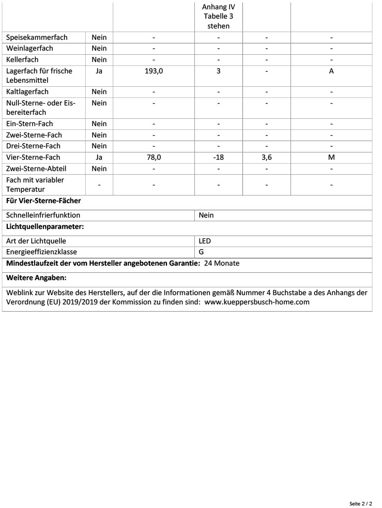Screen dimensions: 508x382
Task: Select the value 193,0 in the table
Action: pyautogui.click(x=154, y=71)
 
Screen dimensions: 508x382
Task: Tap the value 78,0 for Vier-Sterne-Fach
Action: pyautogui.click(x=154, y=158)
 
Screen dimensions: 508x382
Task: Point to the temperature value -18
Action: pyautogui.click(x=218, y=158)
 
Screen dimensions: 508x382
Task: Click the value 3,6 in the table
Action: pyautogui.click(x=267, y=158)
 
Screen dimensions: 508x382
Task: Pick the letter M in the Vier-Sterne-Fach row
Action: pyautogui.click(x=331, y=158)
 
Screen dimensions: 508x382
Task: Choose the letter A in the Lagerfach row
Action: pyautogui.click(x=331, y=71)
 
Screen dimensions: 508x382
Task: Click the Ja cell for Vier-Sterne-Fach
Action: pyautogui.click(x=99, y=158)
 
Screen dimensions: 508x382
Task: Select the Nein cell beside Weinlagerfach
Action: pyautogui.click(x=99, y=49)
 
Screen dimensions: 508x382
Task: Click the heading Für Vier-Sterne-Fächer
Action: pyautogui.click(x=43, y=201)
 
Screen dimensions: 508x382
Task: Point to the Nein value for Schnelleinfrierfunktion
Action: pyautogui.click(x=206, y=215)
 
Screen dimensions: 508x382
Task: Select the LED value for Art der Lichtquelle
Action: pyautogui.click(x=205, y=241)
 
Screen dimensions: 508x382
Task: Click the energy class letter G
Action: pyautogui.click(x=202, y=252)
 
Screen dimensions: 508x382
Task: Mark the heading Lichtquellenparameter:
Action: pyautogui.click(x=45, y=227)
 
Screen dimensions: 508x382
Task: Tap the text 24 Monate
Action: pyautogui.click(x=222, y=264)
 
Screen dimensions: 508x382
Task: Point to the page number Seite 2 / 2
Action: pyautogui.click(x=360, y=503)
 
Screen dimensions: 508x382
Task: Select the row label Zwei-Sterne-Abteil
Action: pyautogui.click(x=36, y=169)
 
